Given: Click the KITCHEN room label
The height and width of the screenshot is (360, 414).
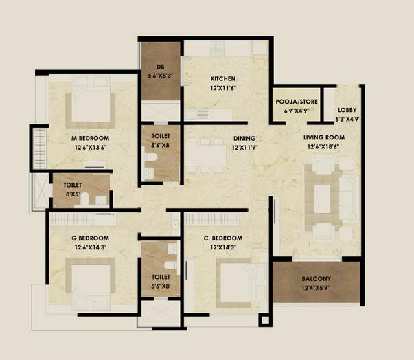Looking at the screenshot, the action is (x=223, y=79).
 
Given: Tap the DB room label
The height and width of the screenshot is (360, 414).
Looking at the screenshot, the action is (x=160, y=67).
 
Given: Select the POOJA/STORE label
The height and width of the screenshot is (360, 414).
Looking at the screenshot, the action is (x=297, y=102).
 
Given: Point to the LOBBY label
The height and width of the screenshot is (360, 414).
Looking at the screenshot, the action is (x=347, y=110).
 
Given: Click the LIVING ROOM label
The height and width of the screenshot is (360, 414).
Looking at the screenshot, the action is (x=324, y=137).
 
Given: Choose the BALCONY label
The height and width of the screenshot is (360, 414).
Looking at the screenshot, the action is (x=317, y=279).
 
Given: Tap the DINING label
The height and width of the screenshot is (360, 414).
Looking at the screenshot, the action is (x=244, y=138).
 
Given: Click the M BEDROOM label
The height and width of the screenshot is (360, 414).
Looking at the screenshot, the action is (x=91, y=138).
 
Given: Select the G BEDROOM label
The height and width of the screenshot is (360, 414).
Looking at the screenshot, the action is (x=91, y=238).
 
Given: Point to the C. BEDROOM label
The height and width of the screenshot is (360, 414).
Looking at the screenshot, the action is (x=223, y=238).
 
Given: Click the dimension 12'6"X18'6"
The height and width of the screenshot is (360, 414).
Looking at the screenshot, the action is (x=323, y=147).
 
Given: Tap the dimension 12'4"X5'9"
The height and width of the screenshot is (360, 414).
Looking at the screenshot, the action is (x=316, y=288).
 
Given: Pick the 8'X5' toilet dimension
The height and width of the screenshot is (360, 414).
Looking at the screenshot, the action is (x=73, y=194).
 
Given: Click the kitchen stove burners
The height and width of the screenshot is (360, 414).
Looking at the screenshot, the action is (x=217, y=48).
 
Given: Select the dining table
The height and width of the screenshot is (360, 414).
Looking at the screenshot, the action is (x=206, y=155).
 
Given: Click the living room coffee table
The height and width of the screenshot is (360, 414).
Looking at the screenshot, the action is (x=322, y=199).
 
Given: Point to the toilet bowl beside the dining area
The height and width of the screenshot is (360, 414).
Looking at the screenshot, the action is (x=150, y=157).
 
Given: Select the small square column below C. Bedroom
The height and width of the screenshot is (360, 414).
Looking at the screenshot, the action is (x=265, y=320).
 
